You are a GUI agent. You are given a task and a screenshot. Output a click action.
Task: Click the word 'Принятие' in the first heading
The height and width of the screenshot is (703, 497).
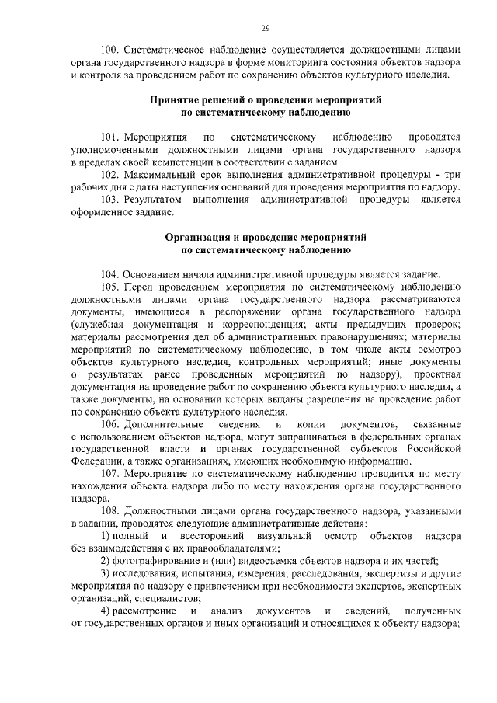point(176,101)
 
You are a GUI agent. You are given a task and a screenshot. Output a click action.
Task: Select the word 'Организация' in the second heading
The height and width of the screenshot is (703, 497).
point(196,237)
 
